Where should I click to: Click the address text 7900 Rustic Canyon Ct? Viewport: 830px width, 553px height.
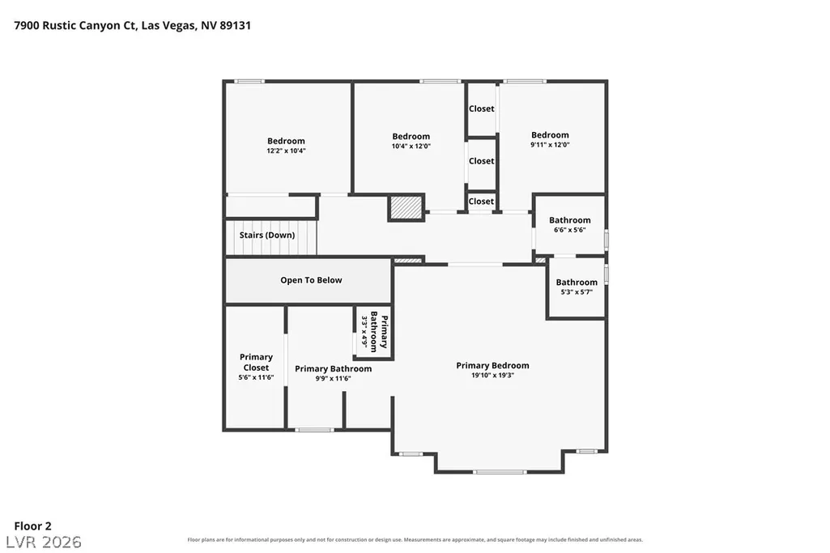click(x=74, y=25)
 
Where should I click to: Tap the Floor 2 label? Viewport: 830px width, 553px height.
click(x=33, y=526)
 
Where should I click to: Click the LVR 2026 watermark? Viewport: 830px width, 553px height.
click(x=44, y=542)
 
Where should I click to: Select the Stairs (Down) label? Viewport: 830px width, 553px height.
click(x=266, y=235)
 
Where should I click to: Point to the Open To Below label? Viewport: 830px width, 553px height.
click(x=311, y=280)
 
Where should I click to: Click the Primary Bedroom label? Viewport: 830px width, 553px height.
click(x=492, y=365)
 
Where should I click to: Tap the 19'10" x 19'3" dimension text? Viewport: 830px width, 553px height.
click(x=492, y=375)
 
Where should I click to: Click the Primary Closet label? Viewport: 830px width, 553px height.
click(x=256, y=362)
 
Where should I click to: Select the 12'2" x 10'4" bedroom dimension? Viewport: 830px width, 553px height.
click(x=286, y=151)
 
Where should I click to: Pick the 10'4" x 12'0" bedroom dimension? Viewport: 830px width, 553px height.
click(x=411, y=146)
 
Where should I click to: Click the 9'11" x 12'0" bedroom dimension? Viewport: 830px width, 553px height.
click(x=550, y=144)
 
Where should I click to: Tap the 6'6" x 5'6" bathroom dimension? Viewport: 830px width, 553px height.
click(x=569, y=230)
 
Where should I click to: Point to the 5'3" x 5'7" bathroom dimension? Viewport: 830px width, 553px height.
click(x=577, y=291)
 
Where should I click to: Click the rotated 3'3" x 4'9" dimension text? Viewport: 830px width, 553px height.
click(x=364, y=331)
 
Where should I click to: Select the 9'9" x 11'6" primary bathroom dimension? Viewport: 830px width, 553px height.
click(x=333, y=378)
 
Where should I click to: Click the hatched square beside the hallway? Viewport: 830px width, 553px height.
click(x=406, y=207)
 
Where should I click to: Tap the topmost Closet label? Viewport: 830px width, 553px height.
click(x=481, y=108)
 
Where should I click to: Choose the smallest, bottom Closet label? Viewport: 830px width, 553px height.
click(x=481, y=201)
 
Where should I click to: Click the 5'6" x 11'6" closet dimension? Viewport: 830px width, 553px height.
click(x=256, y=377)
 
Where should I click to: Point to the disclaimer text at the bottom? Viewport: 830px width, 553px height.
click(x=415, y=540)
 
